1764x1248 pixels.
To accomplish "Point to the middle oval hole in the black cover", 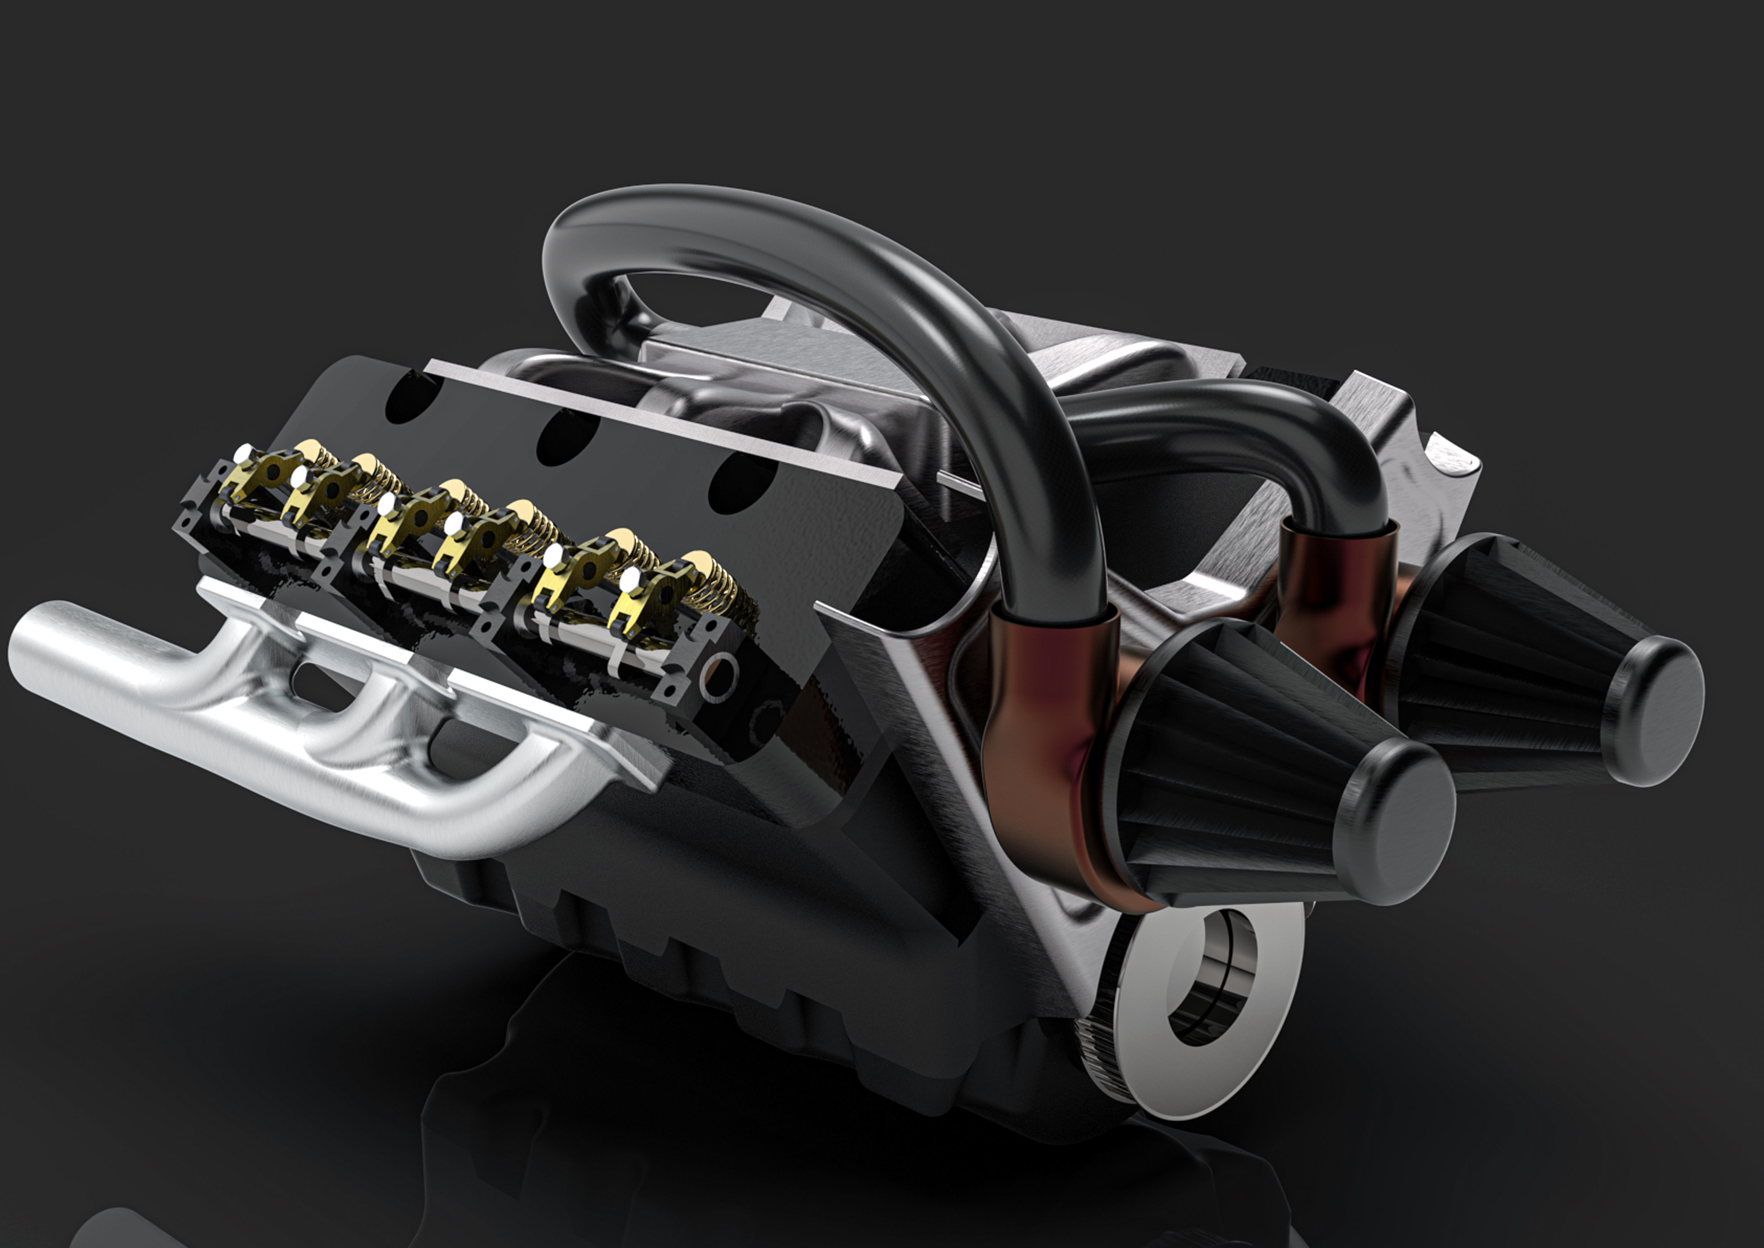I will coord(565,438).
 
